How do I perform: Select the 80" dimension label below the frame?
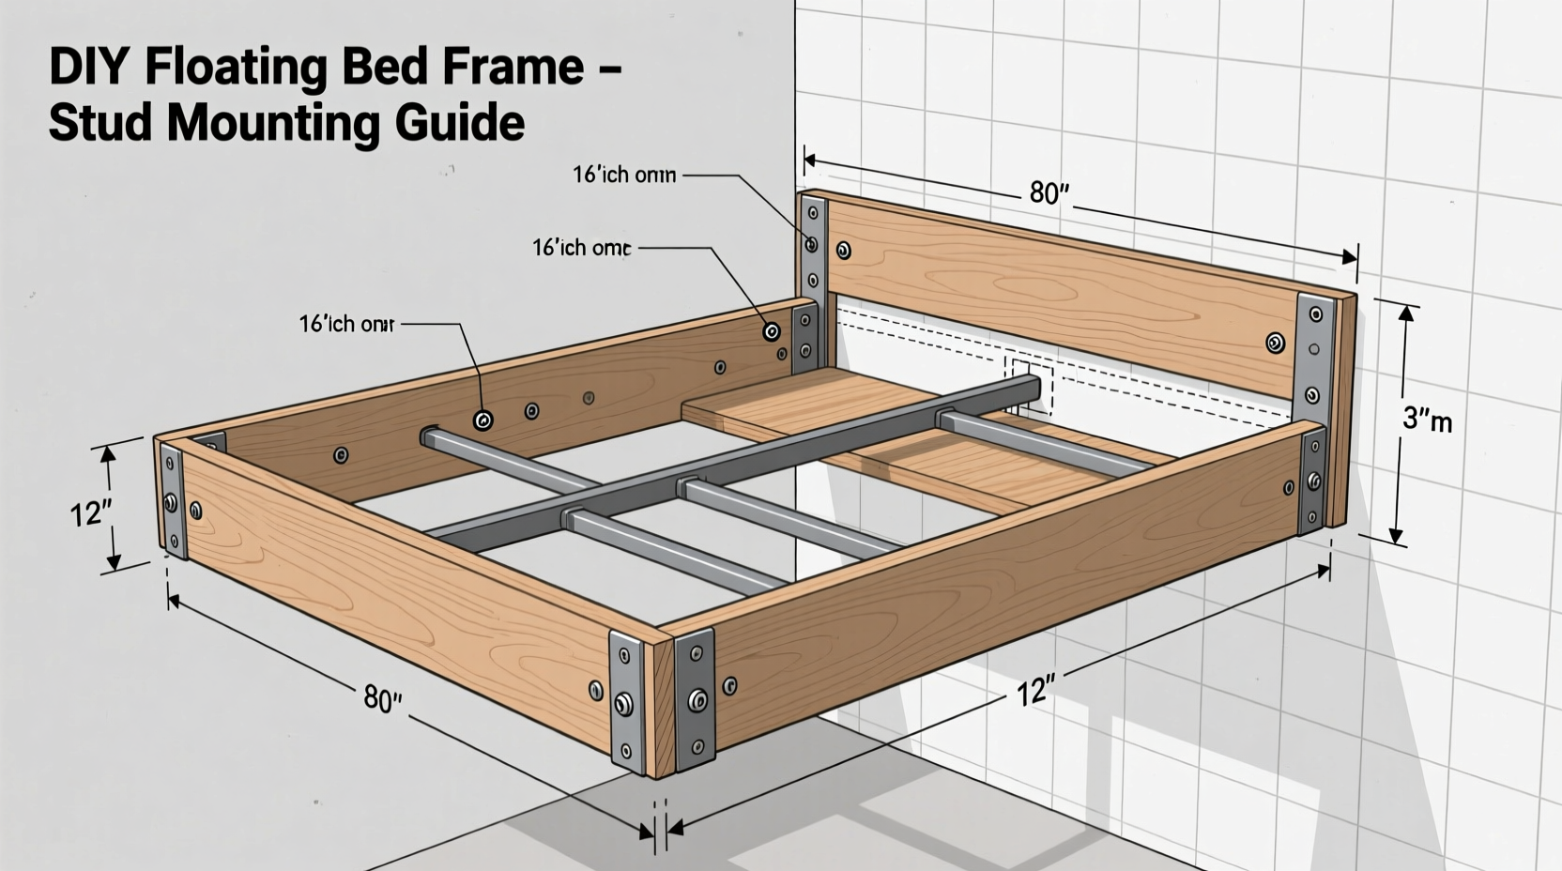(x=382, y=699)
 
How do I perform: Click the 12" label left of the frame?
(x=91, y=513)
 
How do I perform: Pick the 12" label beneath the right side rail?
(x=1035, y=693)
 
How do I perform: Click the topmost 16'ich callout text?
(x=624, y=175)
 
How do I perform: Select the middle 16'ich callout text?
(x=581, y=248)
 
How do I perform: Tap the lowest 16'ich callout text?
(x=346, y=324)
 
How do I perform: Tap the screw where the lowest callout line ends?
(x=483, y=420)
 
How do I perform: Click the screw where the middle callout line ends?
(x=772, y=331)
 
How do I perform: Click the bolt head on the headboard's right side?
(x=1275, y=343)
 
